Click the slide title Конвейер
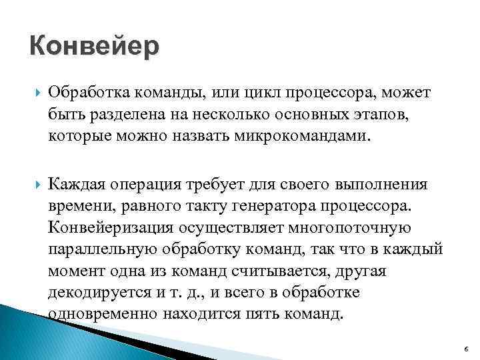(95, 47)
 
